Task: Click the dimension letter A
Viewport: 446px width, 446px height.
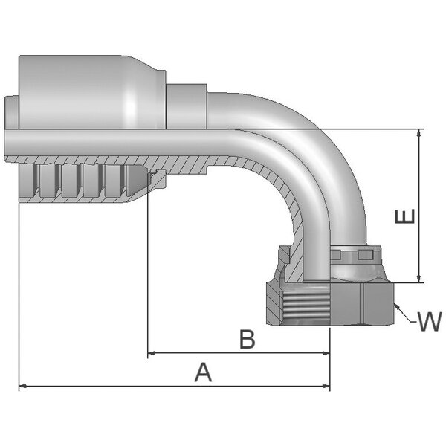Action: pyautogui.click(x=203, y=372)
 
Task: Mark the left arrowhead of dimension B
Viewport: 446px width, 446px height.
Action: pyautogui.click(x=152, y=353)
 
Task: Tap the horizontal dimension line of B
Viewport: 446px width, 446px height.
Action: pyautogui.click(x=223, y=353)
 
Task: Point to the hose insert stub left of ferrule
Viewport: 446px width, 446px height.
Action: pyautogui.click(x=10, y=111)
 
